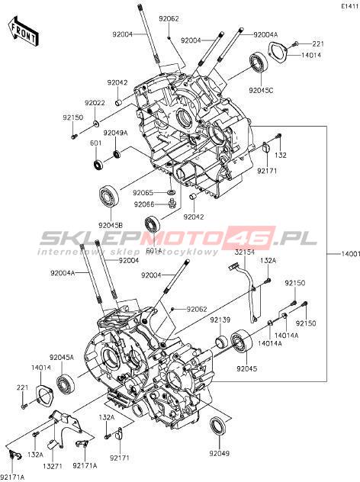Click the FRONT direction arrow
[x=24, y=32]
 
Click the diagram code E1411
[x=350, y=6]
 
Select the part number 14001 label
[x=350, y=254]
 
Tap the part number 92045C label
[x=261, y=90]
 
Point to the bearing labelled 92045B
[x=108, y=197]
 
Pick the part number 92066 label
[x=143, y=204]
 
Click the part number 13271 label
[x=53, y=466]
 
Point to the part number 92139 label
[x=220, y=320]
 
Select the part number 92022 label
[x=95, y=103]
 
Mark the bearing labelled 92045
[x=242, y=343]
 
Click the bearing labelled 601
[x=98, y=164]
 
